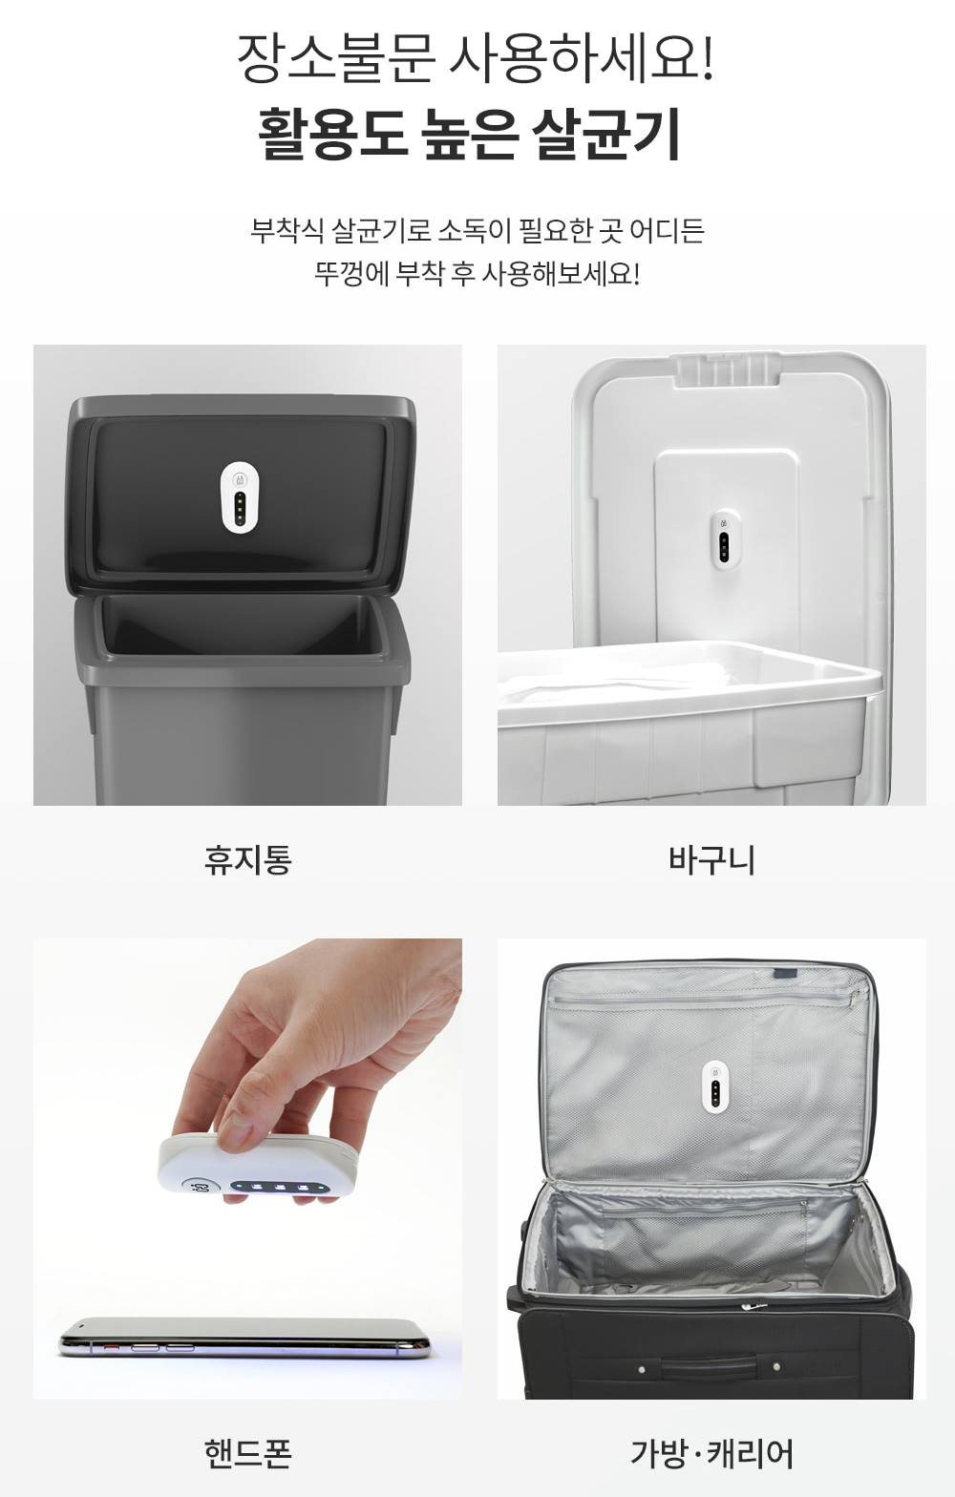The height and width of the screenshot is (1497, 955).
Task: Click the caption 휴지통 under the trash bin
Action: [x=247, y=860]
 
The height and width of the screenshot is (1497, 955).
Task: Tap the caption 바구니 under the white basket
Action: [x=711, y=860]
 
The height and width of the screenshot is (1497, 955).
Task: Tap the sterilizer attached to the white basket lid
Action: [x=723, y=540]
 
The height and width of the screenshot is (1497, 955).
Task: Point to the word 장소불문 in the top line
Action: [x=336, y=59]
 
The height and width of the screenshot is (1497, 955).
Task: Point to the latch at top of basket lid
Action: [x=727, y=369]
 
